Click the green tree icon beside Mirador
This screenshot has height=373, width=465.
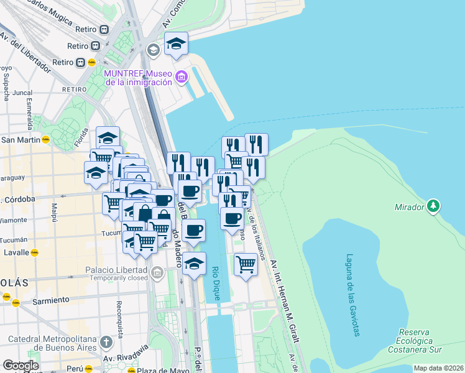pos(434,206)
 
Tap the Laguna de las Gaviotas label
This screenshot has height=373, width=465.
pos(353,295)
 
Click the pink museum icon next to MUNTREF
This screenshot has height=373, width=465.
pos(181,77)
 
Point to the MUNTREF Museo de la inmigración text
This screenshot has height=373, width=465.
pos(138,78)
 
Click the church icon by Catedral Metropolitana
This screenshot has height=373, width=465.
pos(106,342)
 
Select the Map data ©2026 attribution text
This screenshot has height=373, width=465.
pos(439,368)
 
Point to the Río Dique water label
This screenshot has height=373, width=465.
pos(216,283)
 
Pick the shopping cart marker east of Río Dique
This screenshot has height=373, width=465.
pos(246,264)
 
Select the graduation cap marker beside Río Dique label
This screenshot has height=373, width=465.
pos(194,264)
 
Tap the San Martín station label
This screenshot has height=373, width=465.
pos(21,140)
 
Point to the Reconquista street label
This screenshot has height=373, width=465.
pos(118,317)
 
